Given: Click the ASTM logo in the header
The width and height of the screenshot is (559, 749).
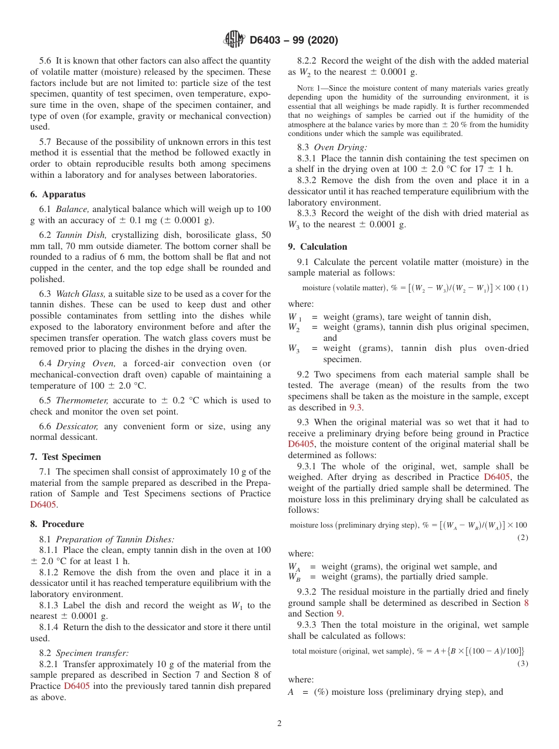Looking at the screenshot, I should tap(234, 40).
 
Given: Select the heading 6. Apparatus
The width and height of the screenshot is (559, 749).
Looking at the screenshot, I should tap(58, 194).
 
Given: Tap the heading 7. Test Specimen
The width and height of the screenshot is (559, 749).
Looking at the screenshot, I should tap(65, 457).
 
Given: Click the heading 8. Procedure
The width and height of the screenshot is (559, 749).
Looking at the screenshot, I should tap(57, 524).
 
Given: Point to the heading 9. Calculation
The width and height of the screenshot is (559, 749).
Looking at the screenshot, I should tap(317, 247).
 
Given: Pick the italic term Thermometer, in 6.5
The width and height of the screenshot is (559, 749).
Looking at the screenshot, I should tap(82, 400).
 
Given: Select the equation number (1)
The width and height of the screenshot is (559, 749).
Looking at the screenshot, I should tap(523, 288).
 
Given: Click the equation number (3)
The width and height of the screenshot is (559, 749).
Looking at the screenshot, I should tap(523, 664).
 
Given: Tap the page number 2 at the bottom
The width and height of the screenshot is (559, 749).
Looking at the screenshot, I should tap(279, 724).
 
